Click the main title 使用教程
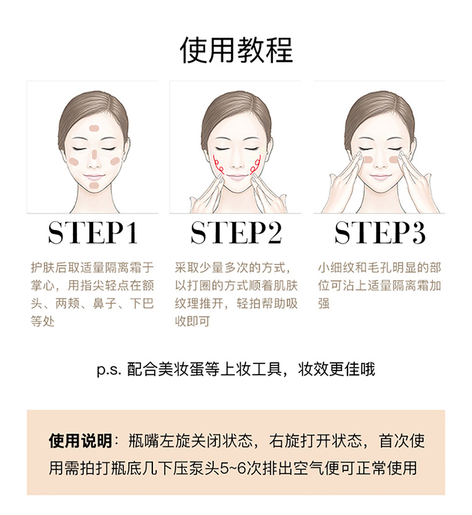coord(236,50)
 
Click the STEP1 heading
coord(93,233)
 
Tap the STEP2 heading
coord(236,233)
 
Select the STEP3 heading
coord(380,233)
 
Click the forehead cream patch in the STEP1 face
coord(94,128)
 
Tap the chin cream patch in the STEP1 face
coord(94,185)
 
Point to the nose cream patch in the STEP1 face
coord(94,154)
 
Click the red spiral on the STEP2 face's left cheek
coord(218,164)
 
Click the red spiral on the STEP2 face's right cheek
coord(256,164)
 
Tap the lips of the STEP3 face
coord(380,178)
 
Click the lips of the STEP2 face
coord(237,177)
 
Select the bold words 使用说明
coord(81,440)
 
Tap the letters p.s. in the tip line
coord(109,370)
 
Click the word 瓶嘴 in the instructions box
coord(144,440)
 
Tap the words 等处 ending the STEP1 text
coord(43,321)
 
